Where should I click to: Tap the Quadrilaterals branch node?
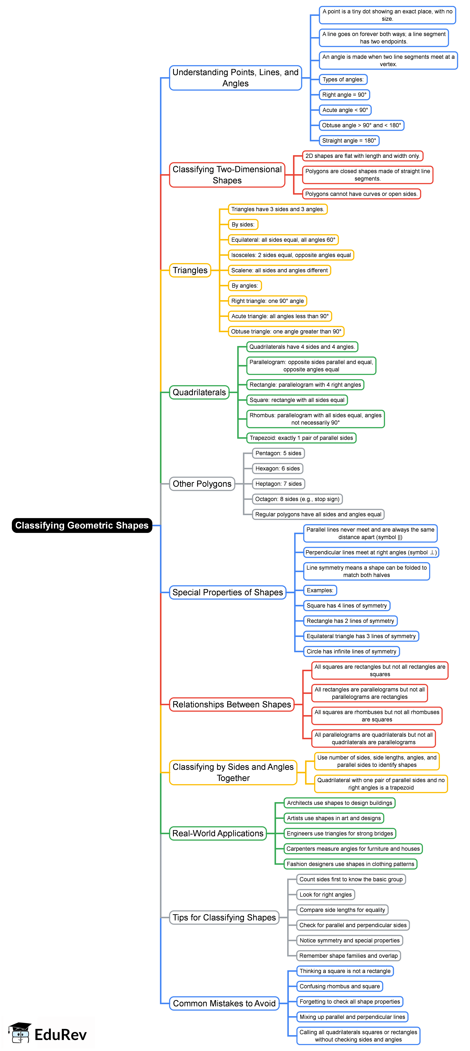tap(199, 392)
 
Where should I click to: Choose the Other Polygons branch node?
tap(202, 484)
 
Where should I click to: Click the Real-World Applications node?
tap(218, 833)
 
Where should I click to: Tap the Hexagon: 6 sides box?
tap(277, 468)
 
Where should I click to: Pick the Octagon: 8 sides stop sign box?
tap(297, 499)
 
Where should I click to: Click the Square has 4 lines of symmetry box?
tap(346, 605)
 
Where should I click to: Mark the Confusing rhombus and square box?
tap(339, 986)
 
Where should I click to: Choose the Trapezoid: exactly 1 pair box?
tap(301, 438)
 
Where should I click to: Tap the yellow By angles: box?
tap(244, 286)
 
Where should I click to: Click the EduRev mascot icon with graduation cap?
tap(20, 1033)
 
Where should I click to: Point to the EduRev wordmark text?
tap(60, 1034)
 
